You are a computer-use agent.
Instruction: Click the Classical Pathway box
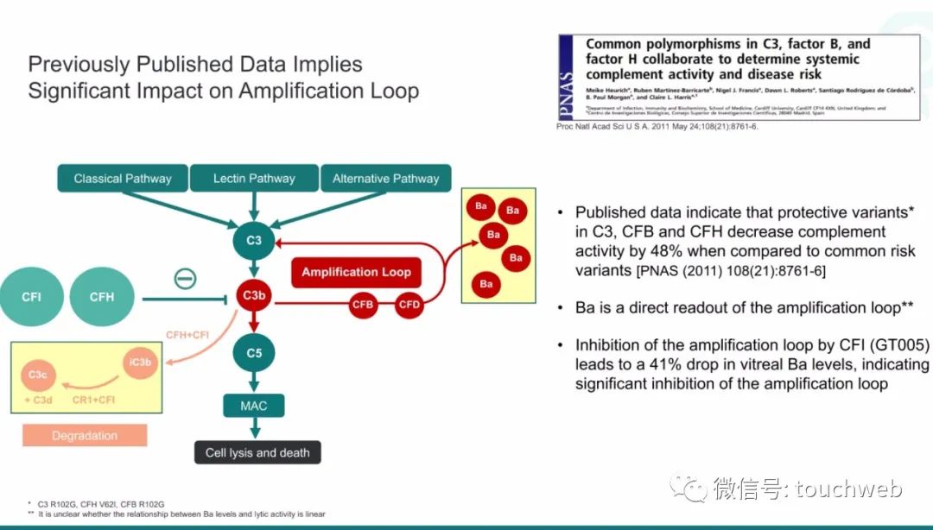123,179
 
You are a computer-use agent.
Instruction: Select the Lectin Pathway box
254,179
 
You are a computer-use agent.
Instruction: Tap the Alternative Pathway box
386,179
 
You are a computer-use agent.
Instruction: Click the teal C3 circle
254,240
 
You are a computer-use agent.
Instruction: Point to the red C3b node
254,295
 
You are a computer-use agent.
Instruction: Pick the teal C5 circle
254,352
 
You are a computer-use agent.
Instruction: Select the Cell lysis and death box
257,452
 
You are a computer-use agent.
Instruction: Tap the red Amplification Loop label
356,272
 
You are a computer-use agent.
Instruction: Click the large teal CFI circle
31,298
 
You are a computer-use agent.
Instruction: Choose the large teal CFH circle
102,298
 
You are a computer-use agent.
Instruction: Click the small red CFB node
363,304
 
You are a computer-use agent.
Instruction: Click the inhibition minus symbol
185,279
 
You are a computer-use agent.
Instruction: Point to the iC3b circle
140,363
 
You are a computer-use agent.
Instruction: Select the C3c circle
37,375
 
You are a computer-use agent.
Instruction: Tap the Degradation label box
85,436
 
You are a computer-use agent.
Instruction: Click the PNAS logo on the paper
567,77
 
